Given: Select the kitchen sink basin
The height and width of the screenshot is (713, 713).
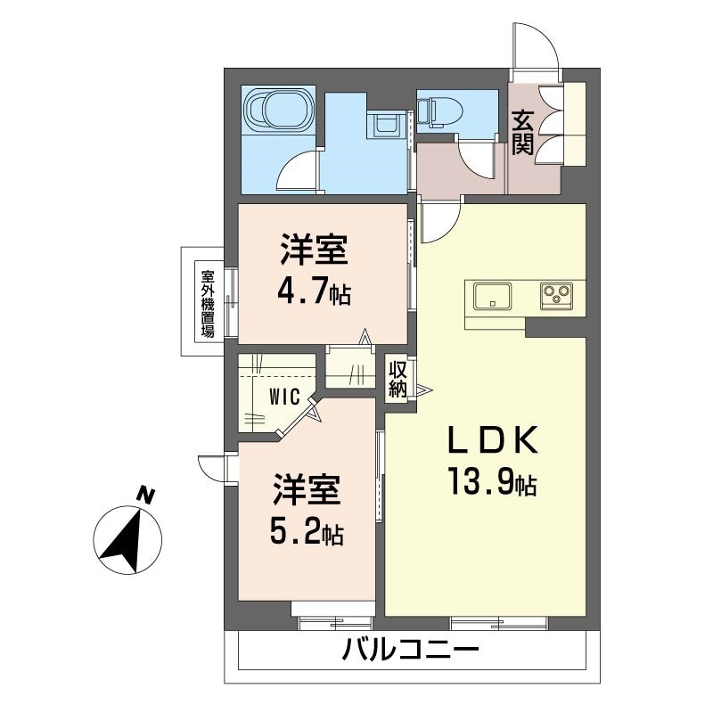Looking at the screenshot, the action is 492,296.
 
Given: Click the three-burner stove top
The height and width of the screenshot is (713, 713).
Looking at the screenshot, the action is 556,296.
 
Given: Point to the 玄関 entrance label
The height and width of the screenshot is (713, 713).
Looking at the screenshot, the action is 522,132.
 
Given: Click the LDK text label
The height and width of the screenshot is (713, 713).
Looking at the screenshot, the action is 493,440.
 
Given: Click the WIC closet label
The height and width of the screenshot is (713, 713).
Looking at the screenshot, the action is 284,397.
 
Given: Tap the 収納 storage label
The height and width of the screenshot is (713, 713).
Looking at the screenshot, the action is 397,378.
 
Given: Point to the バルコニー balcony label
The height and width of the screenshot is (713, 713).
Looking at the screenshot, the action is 411,650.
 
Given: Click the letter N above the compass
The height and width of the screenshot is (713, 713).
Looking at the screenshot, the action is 145,496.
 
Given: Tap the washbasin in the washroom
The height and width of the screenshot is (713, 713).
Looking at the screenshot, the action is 385,125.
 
